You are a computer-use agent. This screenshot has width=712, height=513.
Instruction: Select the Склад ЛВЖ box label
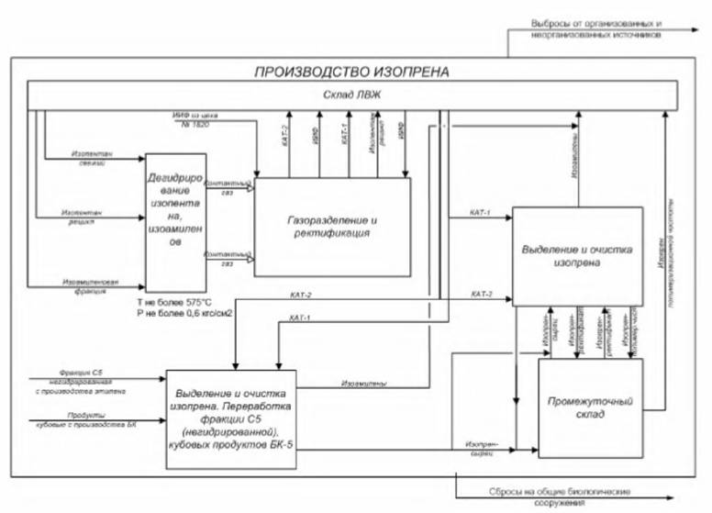click(351, 95)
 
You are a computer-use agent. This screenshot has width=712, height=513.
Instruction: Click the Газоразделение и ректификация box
click(332, 226)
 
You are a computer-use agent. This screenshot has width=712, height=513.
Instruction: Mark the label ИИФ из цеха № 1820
click(203, 120)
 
